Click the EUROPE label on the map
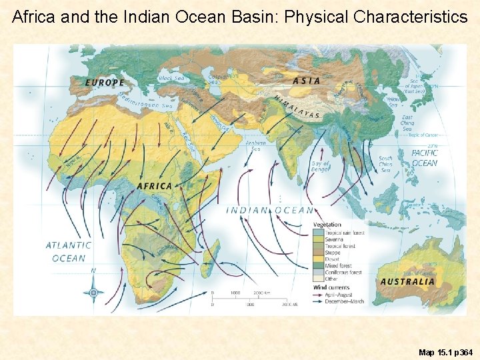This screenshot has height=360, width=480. click(105, 83)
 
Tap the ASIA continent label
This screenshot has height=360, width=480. click(307, 81)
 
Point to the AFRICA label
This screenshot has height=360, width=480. click(155, 185)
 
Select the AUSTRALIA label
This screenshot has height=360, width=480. click(407, 281)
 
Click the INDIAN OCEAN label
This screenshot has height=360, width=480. click(270, 210)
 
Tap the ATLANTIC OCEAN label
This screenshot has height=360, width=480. click(69, 251)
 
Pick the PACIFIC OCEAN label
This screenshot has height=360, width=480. click(425, 158)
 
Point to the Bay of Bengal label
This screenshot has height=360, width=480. click(321, 167)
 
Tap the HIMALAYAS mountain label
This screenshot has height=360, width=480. click(297, 107)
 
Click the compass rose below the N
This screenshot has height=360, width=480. click(93, 292)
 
